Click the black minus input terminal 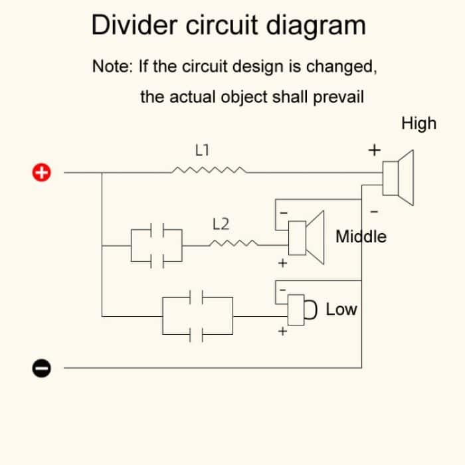coord(41,367)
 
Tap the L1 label coord(203,149)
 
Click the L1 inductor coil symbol coord(209,171)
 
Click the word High coord(418,124)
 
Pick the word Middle coord(361,236)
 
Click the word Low coord(341,310)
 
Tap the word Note coord(112,66)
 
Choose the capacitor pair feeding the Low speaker coord(197,316)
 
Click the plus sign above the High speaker coord(375,149)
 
